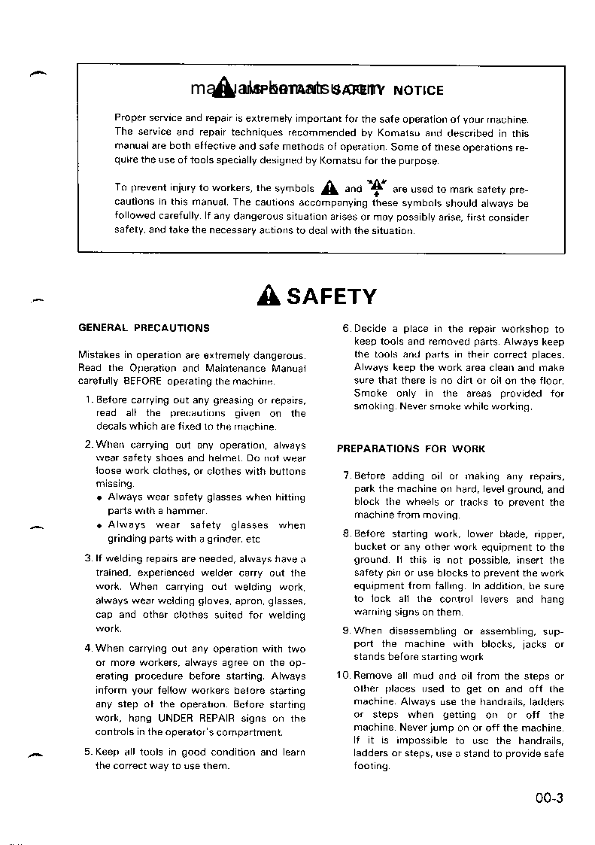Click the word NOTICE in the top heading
pos(417,90)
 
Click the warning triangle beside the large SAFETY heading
pos(268,296)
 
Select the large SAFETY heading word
pos(331,296)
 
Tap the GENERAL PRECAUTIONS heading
pos(144,328)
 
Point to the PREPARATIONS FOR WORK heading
pos(411,449)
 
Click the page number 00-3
pos(550,799)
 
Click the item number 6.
pos(346,329)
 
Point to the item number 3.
pos(88,558)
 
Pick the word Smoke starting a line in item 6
pos(371,394)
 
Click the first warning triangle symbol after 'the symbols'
pos(326,189)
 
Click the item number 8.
pos(346,534)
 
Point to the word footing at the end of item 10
pos(372,767)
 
